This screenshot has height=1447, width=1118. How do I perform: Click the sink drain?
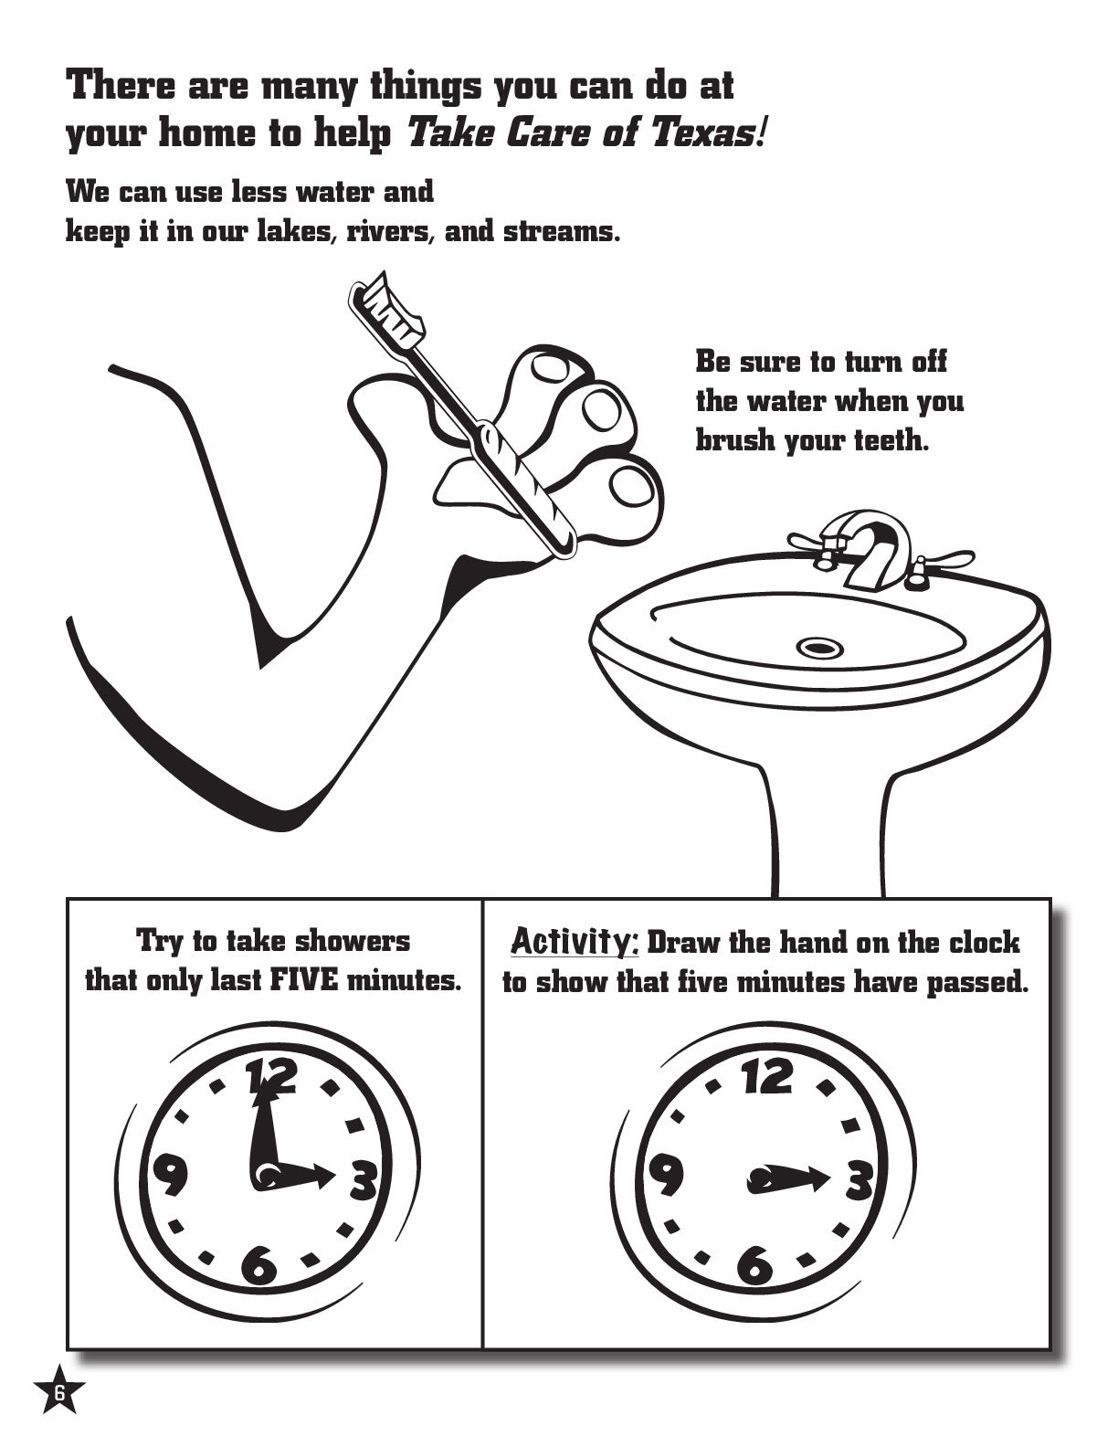click(x=818, y=648)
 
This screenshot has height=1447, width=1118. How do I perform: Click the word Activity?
click(x=574, y=941)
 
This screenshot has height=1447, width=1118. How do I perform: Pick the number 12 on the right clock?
click(x=767, y=1076)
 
